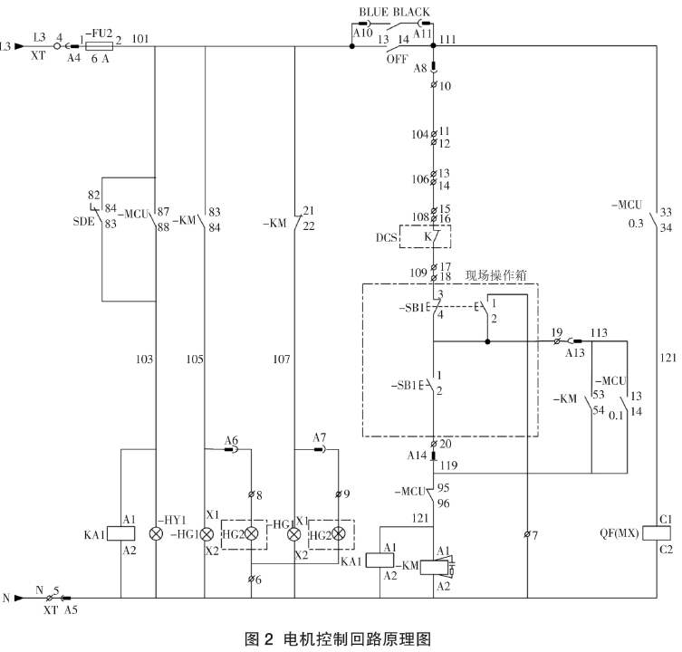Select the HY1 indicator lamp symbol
coord(156,533)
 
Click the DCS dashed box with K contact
coord(433,237)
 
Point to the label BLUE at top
coord(376,12)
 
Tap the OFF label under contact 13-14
coord(397,59)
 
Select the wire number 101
coord(140,39)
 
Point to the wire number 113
coord(600,332)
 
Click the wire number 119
coord(450,465)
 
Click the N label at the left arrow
coord(7,598)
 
